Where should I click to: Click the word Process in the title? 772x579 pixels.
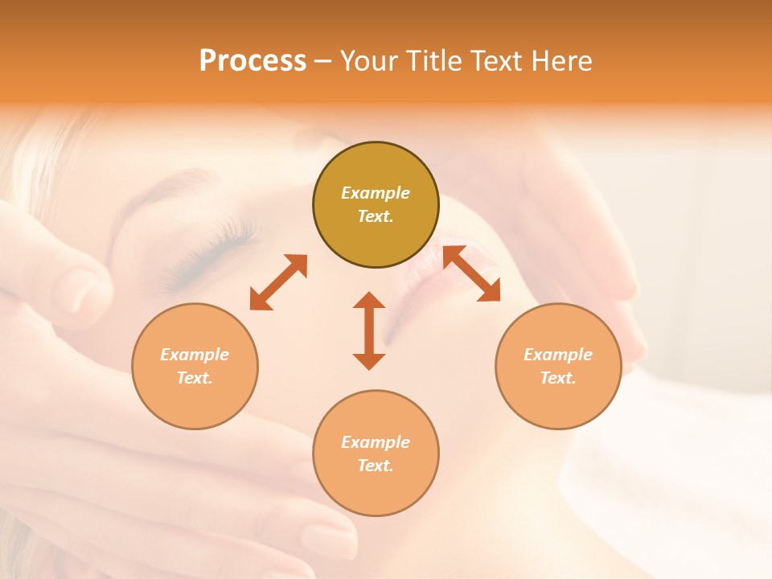(x=253, y=60)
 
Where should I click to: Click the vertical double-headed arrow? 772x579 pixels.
(x=369, y=331)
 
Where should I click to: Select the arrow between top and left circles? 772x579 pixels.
(x=278, y=282)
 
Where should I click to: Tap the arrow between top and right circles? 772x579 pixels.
(x=471, y=273)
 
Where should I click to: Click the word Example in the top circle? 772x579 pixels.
(x=376, y=193)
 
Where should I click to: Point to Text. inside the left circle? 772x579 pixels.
(x=195, y=378)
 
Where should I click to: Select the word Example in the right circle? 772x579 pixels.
(x=558, y=355)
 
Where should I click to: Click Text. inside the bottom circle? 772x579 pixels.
(x=376, y=466)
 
